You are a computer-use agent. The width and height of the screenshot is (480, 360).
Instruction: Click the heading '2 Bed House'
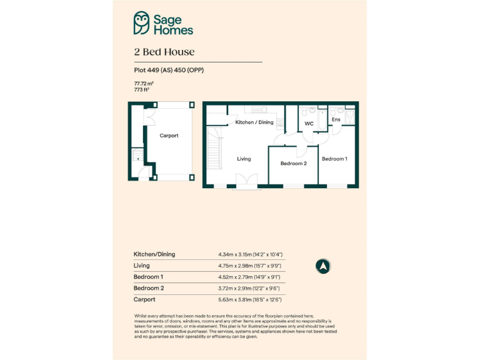[164, 52]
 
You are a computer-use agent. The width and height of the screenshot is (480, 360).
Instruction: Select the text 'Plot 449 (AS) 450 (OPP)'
[169, 70]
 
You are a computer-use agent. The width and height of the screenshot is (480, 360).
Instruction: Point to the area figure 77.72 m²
[144, 83]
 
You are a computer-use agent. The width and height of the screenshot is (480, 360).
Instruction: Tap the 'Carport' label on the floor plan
[169, 136]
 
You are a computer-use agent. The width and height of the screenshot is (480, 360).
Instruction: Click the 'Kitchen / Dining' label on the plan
[254, 122]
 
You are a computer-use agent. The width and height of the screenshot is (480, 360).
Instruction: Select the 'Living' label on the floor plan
[244, 159]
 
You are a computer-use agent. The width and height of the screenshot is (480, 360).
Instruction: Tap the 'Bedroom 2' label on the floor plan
[293, 163]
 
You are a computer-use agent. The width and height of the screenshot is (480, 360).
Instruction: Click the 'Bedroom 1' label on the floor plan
[334, 159]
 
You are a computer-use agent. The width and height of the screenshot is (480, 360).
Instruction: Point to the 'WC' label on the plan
[309, 124]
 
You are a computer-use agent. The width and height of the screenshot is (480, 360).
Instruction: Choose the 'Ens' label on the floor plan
[336, 119]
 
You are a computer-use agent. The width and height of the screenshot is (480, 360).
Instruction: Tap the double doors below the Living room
[244, 182]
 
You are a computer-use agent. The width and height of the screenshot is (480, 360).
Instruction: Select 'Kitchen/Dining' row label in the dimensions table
[154, 254]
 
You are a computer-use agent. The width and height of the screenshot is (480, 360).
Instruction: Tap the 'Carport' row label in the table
[144, 299]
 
